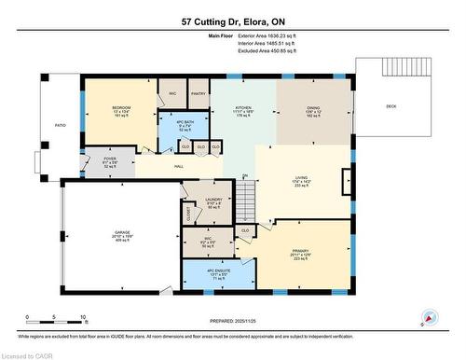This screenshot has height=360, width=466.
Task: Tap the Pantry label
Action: coord(198,94)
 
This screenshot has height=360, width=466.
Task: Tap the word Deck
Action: coord(390,106)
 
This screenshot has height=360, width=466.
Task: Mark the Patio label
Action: coord(60,124)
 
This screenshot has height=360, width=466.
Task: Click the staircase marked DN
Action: coord(244,195)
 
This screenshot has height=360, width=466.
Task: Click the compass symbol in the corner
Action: coord(429,317)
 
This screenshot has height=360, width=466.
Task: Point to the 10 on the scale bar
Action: coord(83,317)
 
